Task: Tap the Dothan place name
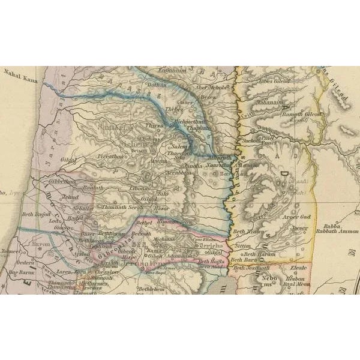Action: click(x=156, y=86)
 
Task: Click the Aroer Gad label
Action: click(x=297, y=216)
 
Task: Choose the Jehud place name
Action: click(x=71, y=196)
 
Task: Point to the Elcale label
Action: click(x=299, y=269)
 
